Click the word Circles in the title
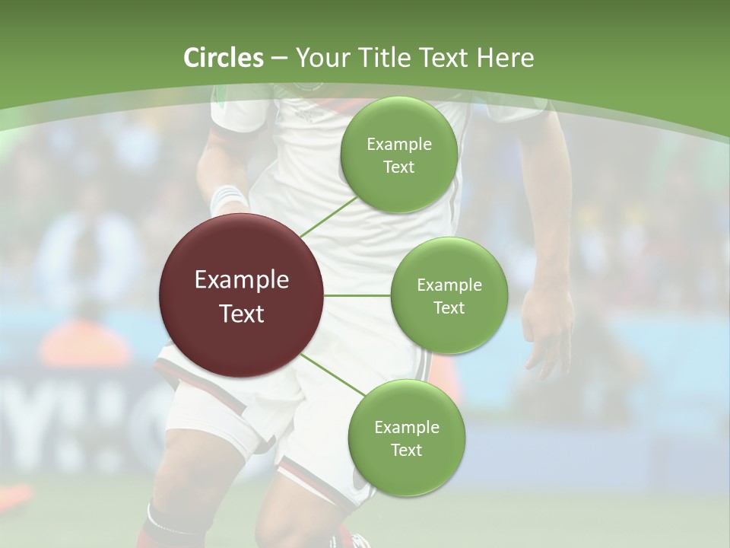coord(223,58)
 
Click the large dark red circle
coord(242,295)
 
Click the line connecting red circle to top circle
coord(328,216)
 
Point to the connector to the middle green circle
coord(357,295)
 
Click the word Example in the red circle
coord(242,280)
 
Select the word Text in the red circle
coord(242,314)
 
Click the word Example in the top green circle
coord(399,145)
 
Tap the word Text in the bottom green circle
coord(406,450)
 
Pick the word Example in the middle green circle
coord(449,285)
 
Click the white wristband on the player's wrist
coord(227,199)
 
